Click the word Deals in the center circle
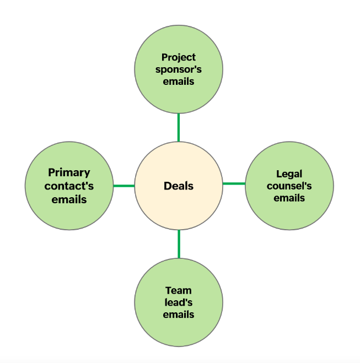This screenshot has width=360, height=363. [179, 186]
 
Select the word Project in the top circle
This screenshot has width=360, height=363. [179, 57]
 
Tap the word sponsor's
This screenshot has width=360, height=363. [179, 69]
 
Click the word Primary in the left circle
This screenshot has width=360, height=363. [69, 172]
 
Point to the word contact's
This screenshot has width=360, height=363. [69, 186]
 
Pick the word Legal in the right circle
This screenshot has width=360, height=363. [289, 174]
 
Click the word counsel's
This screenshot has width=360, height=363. [289, 186]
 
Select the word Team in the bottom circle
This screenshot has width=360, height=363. [179, 290]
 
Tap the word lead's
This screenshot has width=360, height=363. [179, 302]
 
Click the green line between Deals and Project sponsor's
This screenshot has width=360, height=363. [179, 127]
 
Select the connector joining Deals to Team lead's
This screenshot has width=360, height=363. [179, 244]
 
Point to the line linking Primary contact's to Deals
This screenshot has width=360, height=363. [123, 186]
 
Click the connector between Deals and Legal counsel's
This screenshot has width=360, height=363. [234, 183]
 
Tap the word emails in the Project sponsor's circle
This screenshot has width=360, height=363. [179, 82]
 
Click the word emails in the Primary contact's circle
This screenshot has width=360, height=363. [69, 199]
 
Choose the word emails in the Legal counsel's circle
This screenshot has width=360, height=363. [289, 197]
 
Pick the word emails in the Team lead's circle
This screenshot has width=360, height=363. [179, 315]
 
